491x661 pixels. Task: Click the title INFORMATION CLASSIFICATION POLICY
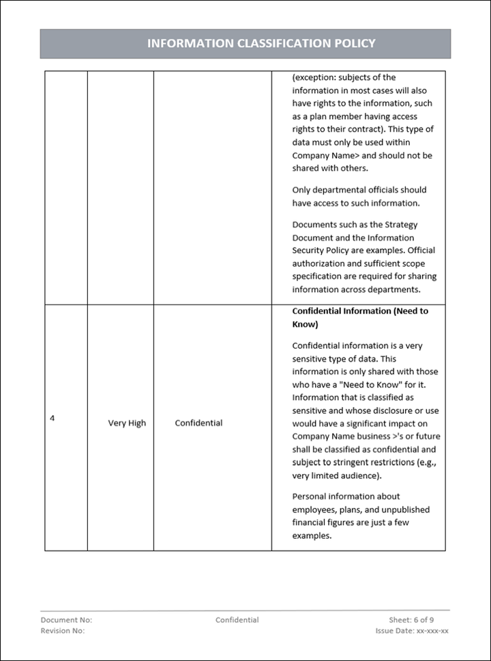(x=261, y=44)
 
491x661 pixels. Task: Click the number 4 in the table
(x=53, y=418)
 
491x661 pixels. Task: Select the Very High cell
(x=127, y=423)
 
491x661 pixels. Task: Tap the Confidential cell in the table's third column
(x=198, y=423)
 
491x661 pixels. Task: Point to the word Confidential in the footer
(x=237, y=620)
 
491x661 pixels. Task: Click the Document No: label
(x=66, y=620)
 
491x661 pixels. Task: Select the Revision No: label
(x=63, y=631)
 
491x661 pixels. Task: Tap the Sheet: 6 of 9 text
(x=411, y=620)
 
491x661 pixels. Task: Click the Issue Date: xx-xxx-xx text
(x=411, y=631)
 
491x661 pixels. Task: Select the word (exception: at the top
(x=316, y=78)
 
